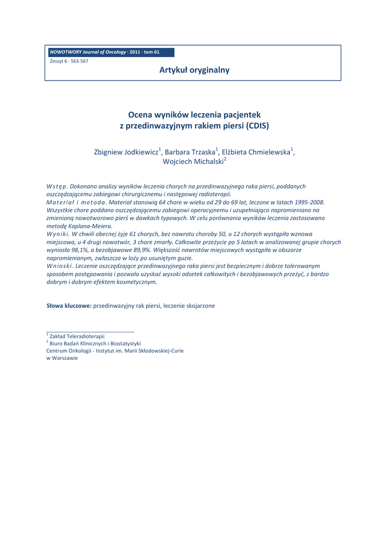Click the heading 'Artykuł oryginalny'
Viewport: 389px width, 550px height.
point(194,70)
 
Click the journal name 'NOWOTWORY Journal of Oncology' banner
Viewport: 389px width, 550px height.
point(89,52)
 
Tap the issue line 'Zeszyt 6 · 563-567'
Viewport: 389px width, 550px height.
point(69,61)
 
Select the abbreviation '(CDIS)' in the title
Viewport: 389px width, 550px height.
point(257,126)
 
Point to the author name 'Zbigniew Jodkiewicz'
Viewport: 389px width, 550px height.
point(126,153)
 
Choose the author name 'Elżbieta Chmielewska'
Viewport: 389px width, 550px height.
point(256,153)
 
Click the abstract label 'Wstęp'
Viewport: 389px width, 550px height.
point(56,186)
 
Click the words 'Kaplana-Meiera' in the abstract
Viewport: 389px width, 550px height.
point(82,226)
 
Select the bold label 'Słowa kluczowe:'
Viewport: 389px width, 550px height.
point(69,306)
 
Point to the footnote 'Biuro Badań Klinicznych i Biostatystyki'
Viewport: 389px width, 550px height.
point(95,343)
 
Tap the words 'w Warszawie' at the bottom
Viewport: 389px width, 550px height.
point(62,358)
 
